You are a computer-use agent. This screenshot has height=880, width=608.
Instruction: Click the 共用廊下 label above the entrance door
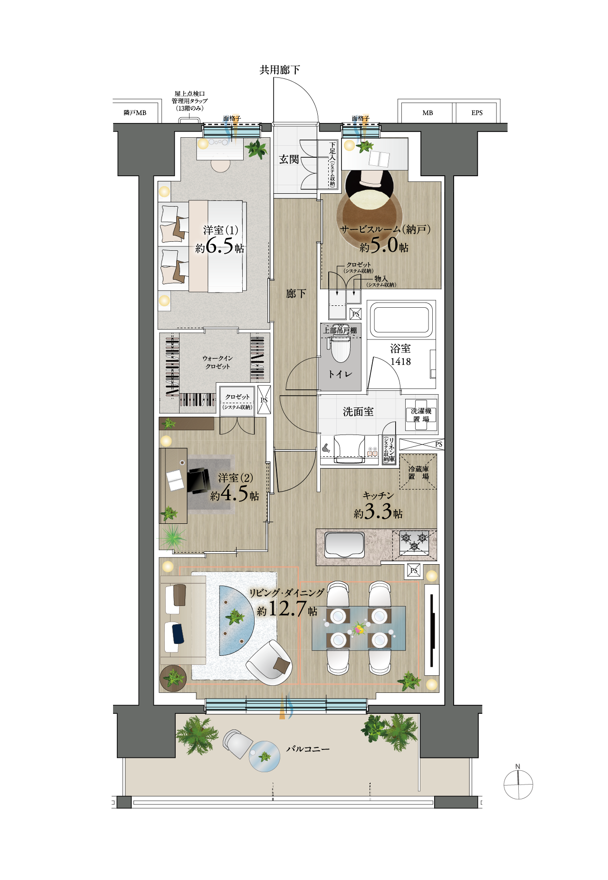click(279, 70)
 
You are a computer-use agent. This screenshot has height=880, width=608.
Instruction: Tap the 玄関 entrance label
click(289, 160)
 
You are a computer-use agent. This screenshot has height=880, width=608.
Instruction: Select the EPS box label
click(477, 113)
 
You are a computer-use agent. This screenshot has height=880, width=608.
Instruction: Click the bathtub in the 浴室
click(401, 320)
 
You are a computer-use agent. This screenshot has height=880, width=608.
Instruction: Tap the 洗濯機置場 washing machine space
click(421, 415)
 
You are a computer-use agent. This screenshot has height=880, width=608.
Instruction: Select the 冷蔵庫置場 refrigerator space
click(418, 472)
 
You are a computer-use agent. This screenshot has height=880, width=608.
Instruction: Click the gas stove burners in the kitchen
click(415, 542)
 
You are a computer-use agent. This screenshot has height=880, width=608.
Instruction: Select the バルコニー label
click(307, 749)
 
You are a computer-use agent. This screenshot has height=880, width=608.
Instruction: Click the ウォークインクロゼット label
click(218, 362)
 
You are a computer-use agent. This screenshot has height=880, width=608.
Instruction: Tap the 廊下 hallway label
click(296, 294)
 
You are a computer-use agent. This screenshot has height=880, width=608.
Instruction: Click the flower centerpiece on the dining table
click(359, 629)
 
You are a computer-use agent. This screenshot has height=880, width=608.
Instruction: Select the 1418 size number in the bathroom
click(400, 361)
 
